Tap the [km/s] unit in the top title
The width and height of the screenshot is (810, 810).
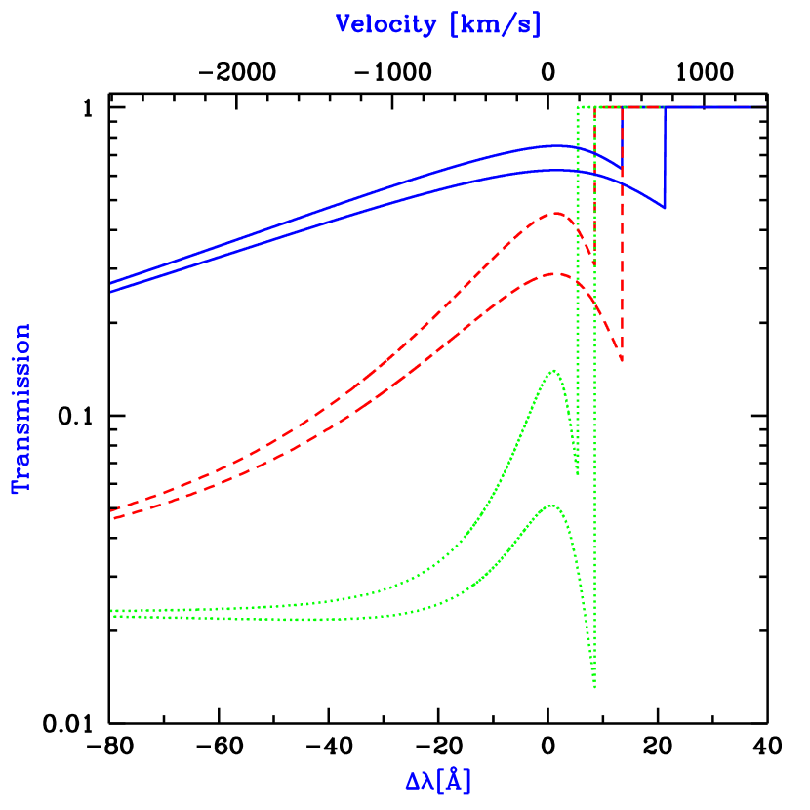pyautogui.click(x=495, y=24)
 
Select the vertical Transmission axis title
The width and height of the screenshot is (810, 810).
pyautogui.click(x=21, y=408)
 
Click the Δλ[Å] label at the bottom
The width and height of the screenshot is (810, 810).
pyautogui.click(x=438, y=781)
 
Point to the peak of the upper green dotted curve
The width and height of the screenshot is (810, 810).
pyautogui.click(x=554, y=371)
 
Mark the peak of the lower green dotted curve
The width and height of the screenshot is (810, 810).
pyautogui.click(x=552, y=506)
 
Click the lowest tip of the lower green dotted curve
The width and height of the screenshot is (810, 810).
pyautogui.click(x=594, y=687)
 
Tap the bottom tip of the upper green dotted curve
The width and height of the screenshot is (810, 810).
pyautogui.click(x=578, y=474)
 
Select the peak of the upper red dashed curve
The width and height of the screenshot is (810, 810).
pyautogui.click(x=555, y=213)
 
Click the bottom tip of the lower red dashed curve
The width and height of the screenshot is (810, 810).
pyautogui.click(x=622, y=362)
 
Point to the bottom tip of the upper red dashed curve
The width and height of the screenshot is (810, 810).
pyautogui.click(x=594, y=263)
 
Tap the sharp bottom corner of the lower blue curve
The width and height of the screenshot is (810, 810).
pyautogui.click(x=665, y=208)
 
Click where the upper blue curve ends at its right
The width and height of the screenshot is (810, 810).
pyautogui.click(x=622, y=166)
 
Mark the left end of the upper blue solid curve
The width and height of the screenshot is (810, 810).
pyautogui.click(x=112, y=282)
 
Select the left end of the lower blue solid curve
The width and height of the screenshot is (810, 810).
pyautogui.click(x=112, y=292)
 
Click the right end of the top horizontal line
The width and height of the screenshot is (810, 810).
pyautogui.click(x=764, y=106)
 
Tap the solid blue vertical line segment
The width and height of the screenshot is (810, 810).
pyautogui.click(x=665, y=156)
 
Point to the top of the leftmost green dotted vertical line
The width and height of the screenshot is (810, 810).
pyautogui.click(x=578, y=107)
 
